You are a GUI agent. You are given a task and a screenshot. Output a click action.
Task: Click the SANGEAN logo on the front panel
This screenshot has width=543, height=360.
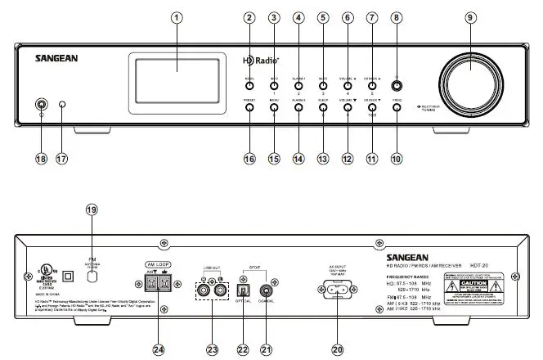56,59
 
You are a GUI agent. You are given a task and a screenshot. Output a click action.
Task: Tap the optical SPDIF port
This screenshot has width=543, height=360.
241,290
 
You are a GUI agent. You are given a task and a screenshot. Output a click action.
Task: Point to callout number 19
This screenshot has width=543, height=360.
91,209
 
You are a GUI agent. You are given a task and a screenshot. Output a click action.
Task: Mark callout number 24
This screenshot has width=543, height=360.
159,349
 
